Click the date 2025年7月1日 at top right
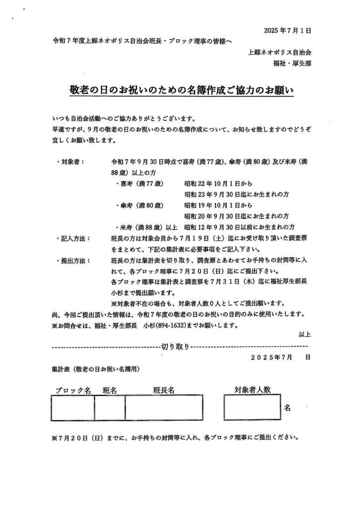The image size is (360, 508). [x=289, y=30]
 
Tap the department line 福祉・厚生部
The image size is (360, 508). [x=293, y=63]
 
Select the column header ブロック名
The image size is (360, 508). [x=72, y=390]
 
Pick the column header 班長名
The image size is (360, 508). [x=164, y=390]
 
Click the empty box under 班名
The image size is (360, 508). [x=110, y=408]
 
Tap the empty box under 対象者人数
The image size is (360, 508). [x=253, y=408]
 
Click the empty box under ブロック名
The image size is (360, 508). [x=72, y=408]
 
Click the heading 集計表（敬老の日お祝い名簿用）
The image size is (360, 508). [x=95, y=369]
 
